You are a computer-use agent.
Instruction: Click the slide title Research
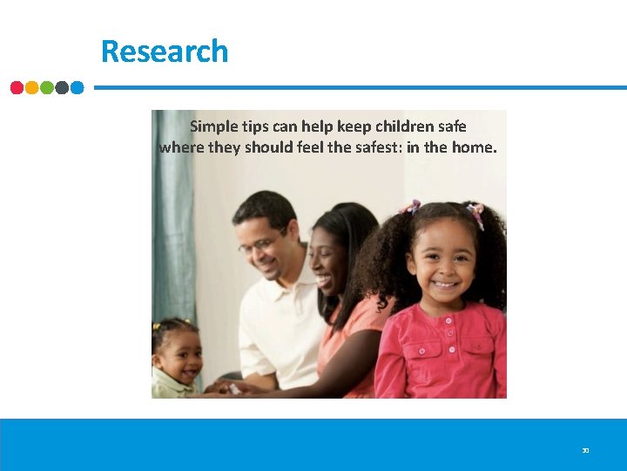(165, 51)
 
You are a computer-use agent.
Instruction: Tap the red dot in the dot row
(17, 87)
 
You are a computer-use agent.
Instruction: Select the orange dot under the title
(32, 87)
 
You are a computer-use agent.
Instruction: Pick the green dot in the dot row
(47, 87)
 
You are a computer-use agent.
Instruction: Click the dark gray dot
(62, 87)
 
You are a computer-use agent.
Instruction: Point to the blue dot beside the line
(77, 87)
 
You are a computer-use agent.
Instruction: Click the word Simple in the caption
(212, 126)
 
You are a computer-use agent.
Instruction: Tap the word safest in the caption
(374, 147)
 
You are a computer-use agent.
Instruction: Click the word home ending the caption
(475, 147)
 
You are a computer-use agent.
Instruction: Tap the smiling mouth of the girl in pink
(445, 284)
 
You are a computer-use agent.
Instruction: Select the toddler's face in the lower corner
(182, 358)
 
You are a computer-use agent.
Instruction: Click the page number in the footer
(585, 451)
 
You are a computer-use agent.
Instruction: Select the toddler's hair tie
(158, 326)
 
